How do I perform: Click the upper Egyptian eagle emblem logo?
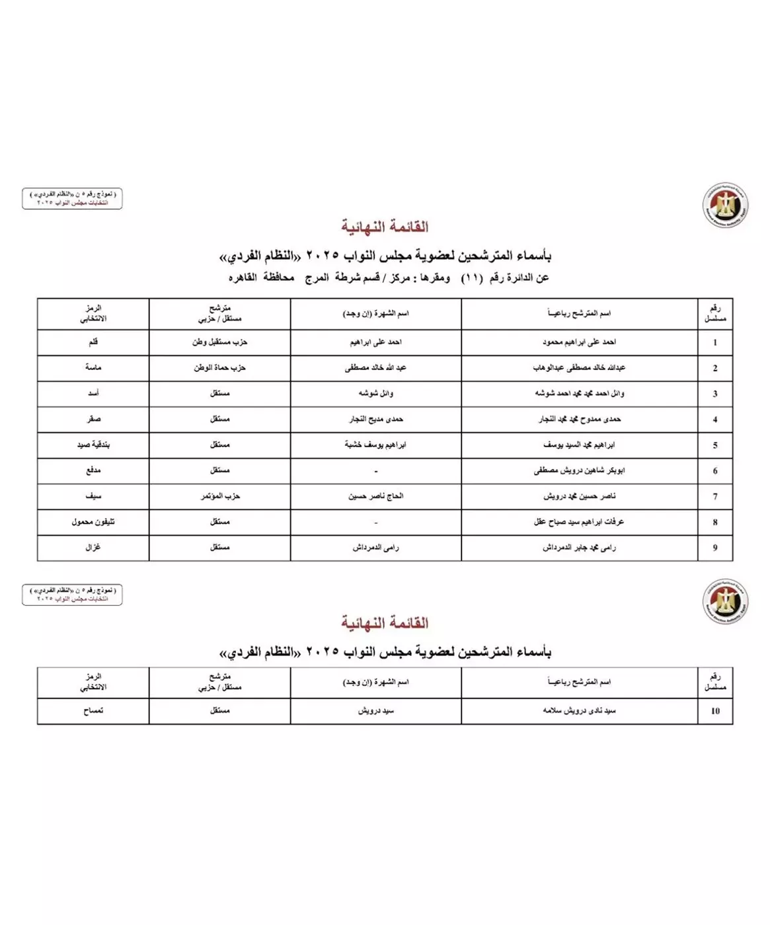point(725,205)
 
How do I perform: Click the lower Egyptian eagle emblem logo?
point(725,601)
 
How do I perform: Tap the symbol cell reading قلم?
point(93,342)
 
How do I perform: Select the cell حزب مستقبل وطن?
point(219,342)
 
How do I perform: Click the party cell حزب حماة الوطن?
point(219,367)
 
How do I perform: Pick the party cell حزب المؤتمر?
point(220,496)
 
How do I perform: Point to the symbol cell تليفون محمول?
point(93,522)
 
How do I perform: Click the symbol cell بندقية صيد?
point(93,445)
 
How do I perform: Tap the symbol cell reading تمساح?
point(93,711)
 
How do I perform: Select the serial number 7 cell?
point(714,496)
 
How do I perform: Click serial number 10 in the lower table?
point(714,711)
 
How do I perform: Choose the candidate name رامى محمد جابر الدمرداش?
point(579,548)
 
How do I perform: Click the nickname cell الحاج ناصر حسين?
point(375,496)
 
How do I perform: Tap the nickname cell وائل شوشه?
point(375,393)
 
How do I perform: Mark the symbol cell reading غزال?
point(93,548)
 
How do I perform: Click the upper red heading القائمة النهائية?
point(385,227)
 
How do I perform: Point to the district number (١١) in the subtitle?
point(471,277)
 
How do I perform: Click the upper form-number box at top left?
point(72,198)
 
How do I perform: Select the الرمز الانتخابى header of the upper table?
point(93,313)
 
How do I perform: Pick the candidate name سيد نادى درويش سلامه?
point(579,711)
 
